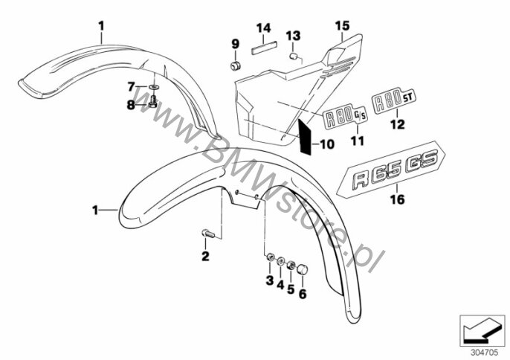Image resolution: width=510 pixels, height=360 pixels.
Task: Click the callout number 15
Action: [342, 26]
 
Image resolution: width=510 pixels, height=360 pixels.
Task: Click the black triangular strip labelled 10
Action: [305, 137]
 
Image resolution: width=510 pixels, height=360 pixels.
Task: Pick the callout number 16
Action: [398, 199]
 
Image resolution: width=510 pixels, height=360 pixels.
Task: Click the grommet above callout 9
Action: [235, 65]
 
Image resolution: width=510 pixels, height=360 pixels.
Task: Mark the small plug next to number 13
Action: [294, 57]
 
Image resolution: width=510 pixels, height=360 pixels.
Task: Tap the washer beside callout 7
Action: [153, 87]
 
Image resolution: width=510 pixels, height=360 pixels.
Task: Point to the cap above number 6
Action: [303, 270]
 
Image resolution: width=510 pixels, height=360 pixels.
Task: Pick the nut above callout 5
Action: [291, 266]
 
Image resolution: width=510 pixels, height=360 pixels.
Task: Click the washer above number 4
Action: [280, 261]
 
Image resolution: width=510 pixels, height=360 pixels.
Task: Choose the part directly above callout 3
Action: [270, 258]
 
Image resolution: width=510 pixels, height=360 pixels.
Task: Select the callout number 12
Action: [398, 124]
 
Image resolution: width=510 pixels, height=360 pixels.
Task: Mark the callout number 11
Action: [357, 141]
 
